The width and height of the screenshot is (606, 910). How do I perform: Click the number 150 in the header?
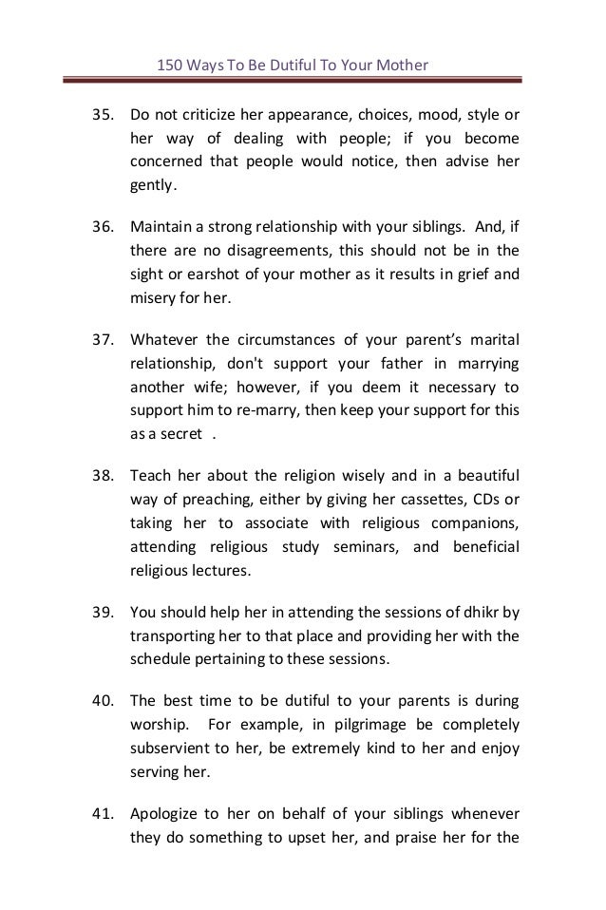168,66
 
